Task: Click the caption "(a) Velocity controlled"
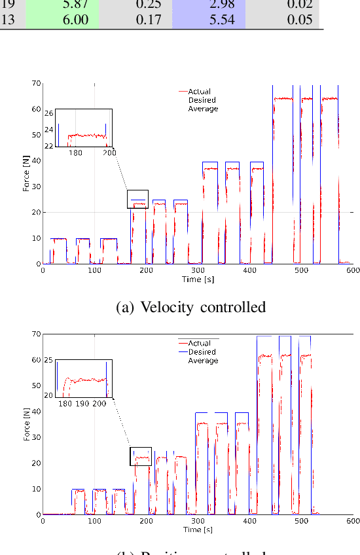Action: (190, 306)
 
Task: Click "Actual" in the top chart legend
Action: (199, 92)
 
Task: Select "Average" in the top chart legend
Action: (202, 109)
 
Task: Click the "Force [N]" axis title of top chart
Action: (26, 175)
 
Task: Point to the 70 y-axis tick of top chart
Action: (37, 84)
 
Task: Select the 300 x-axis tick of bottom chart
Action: (198, 520)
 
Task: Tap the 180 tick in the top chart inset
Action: (75, 153)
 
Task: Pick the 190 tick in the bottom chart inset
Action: (82, 404)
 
